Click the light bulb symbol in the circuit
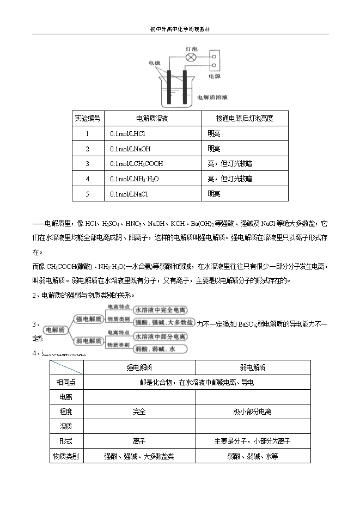(191, 57)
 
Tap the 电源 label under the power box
(214, 77)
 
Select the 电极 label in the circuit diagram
(154, 63)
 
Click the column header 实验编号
(88, 118)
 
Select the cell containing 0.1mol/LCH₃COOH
(136, 163)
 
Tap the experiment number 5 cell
(88, 193)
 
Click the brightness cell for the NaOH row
(213, 149)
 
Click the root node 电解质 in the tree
(54, 329)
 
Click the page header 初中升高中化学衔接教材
(180, 30)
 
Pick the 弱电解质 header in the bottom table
(253, 367)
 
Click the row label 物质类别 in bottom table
(66, 456)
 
